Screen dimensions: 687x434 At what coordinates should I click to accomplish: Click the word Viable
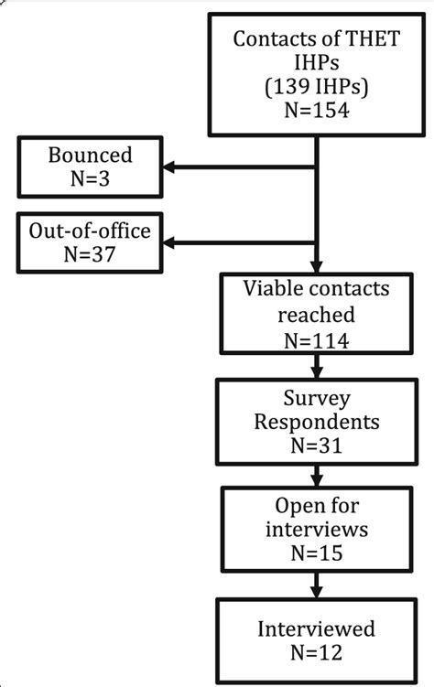[274, 291]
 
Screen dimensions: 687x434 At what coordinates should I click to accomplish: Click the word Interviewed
[316, 629]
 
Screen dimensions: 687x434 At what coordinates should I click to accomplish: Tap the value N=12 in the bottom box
[316, 653]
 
